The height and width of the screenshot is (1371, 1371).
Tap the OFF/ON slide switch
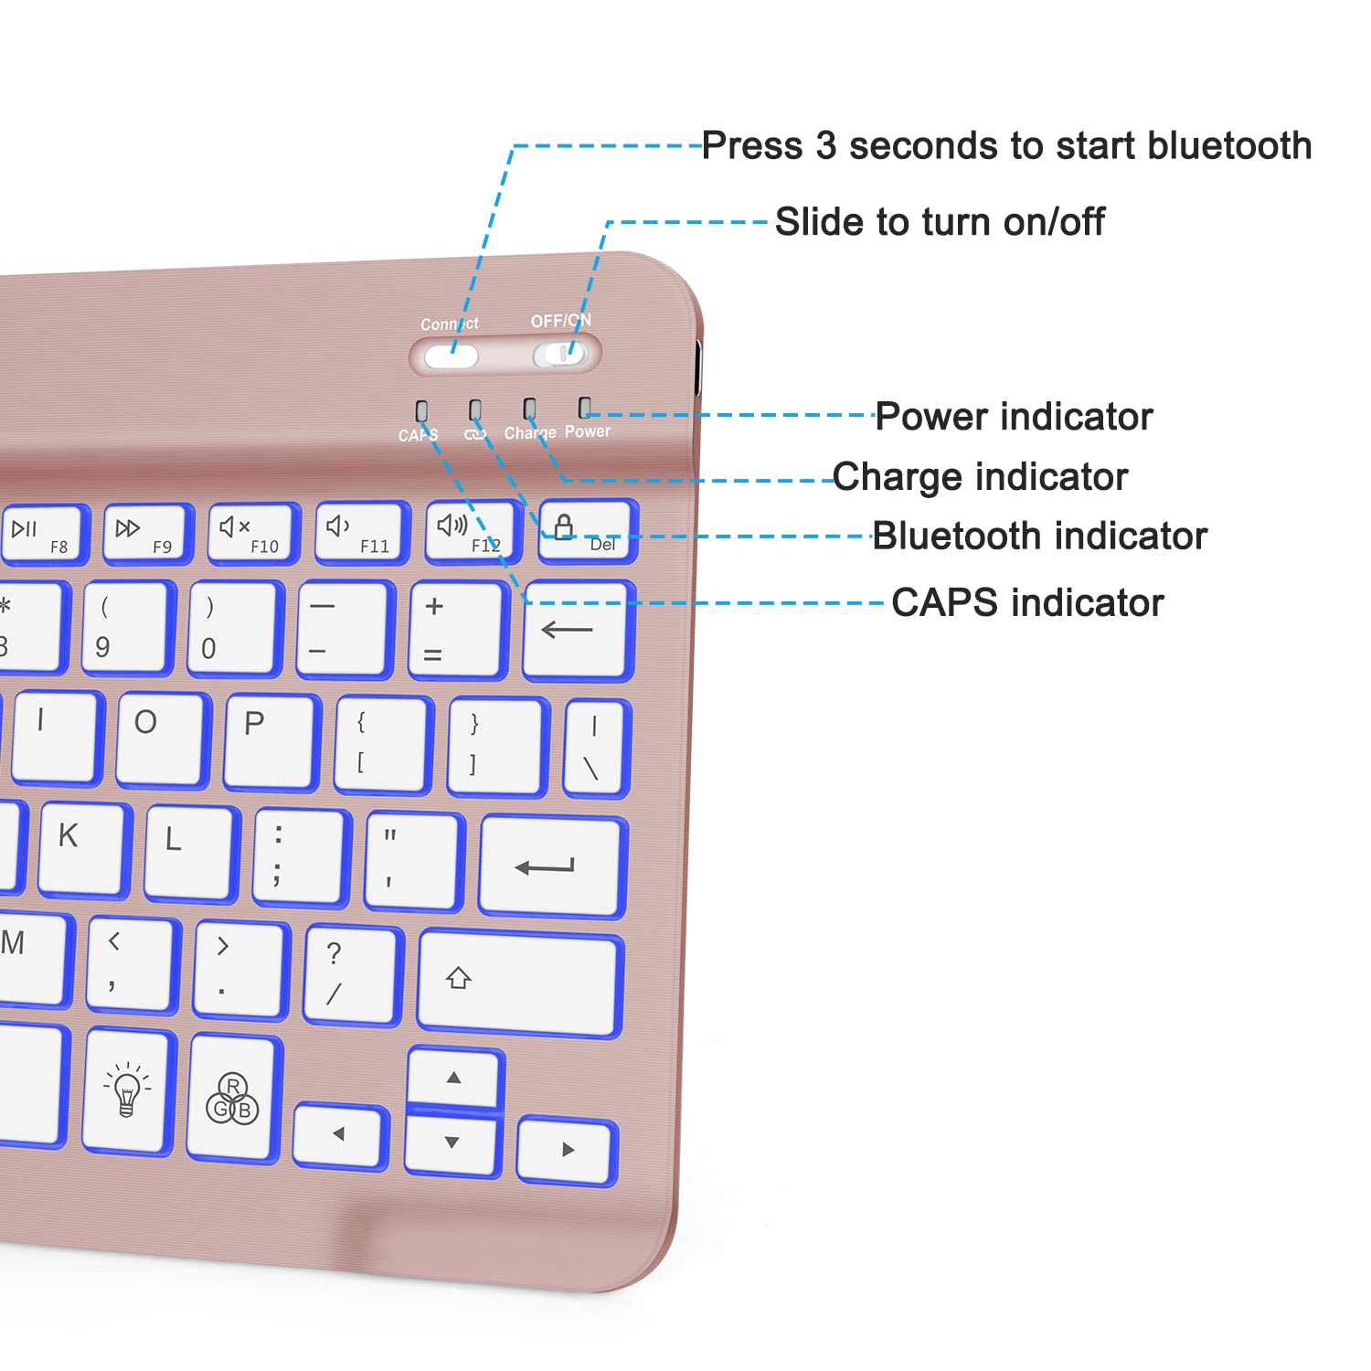point(561,355)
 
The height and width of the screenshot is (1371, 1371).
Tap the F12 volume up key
point(472,532)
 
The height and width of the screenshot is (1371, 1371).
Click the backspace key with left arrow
point(578,631)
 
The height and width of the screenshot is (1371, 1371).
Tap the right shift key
point(519,985)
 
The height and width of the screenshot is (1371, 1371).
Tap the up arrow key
point(454,1079)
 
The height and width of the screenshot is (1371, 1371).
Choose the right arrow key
point(567,1150)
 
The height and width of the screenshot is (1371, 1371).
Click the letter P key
point(270,740)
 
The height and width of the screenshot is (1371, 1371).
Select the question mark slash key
point(352,974)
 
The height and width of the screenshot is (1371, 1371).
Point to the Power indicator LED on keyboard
point(585,407)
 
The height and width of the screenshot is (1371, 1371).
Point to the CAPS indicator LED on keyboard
point(421,410)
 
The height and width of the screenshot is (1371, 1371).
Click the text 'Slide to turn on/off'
point(940,222)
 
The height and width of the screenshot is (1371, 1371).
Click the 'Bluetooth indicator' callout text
point(1039,537)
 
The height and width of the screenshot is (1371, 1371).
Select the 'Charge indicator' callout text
point(980,477)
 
